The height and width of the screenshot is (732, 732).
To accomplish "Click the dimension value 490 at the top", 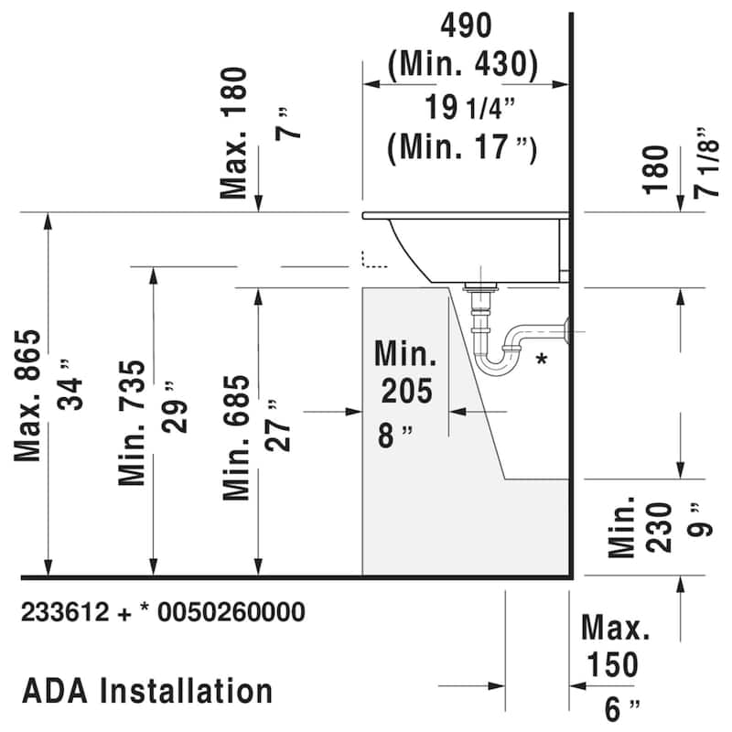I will [x=467, y=25].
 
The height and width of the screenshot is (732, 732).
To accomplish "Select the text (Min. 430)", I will [x=462, y=64].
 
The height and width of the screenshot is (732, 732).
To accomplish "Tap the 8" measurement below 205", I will [x=395, y=435].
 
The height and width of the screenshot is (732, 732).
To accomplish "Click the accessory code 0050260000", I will [x=230, y=612].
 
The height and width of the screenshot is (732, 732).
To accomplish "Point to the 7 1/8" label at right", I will [x=702, y=163].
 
